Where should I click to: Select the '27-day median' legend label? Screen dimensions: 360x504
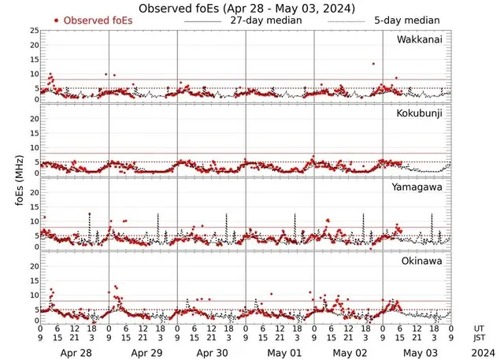coord(265,20)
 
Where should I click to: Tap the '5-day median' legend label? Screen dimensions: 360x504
coord(406,20)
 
